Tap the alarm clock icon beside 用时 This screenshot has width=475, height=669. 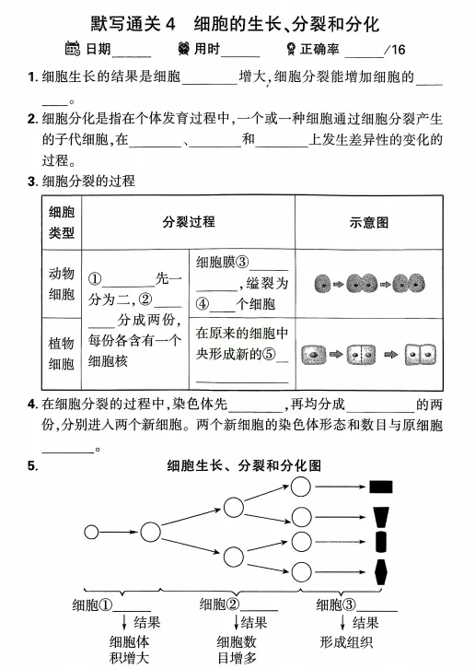click(188, 49)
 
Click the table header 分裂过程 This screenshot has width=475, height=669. click(189, 222)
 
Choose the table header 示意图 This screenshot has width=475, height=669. click(370, 222)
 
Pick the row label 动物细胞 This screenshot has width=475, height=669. click(62, 284)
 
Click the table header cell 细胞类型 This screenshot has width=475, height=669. click(62, 222)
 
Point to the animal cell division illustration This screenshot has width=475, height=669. click(370, 283)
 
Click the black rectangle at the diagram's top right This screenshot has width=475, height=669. click(381, 487)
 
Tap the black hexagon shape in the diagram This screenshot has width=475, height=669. click(381, 566)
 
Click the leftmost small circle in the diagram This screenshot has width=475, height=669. click(91, 532)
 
